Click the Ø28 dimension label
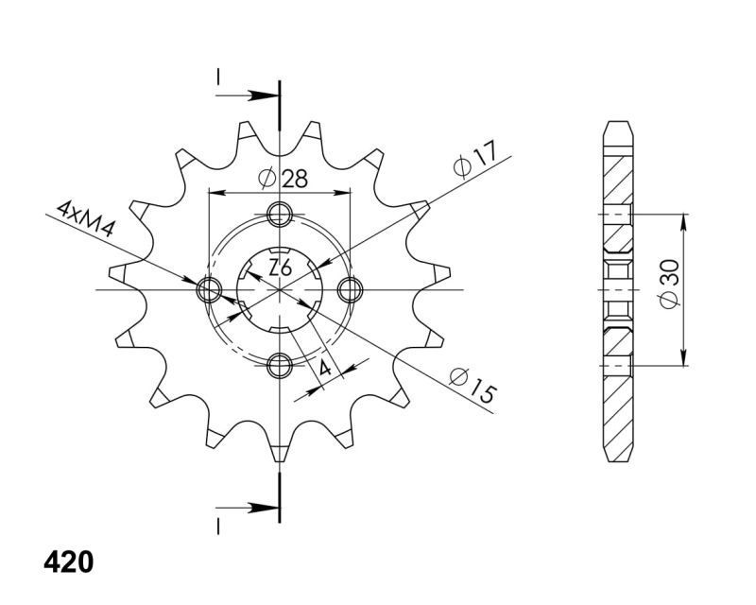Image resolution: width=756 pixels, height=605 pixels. point(283,179)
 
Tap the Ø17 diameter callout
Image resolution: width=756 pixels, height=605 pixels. point(475,158)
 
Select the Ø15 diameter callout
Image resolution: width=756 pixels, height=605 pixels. point(472,385)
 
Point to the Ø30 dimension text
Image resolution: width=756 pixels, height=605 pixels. point(670,284)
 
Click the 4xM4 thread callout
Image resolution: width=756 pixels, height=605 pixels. point(85,219)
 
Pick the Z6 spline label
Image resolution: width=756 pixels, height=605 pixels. point(280,268)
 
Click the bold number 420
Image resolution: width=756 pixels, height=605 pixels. point(68,562)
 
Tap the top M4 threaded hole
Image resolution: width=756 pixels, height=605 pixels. point(280,215)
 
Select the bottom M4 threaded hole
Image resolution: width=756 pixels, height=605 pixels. point(280,365)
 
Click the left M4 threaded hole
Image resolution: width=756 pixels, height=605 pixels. point(209,290)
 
